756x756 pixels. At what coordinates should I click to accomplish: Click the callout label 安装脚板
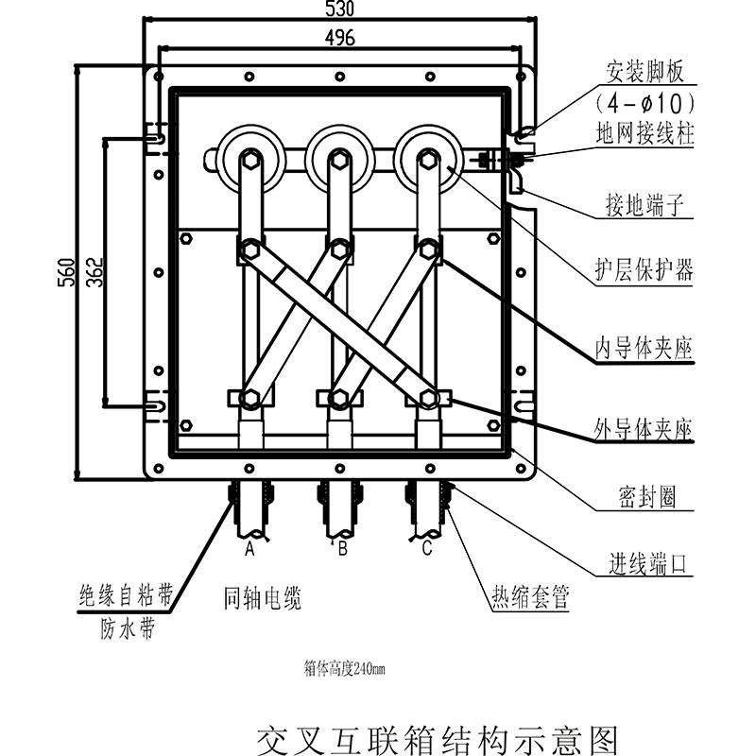click(645, 73)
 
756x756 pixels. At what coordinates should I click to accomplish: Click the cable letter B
click(343, 547)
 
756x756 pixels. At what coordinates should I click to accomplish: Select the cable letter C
click(427, 547)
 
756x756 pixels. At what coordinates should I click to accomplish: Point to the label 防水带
click(127, 627)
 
